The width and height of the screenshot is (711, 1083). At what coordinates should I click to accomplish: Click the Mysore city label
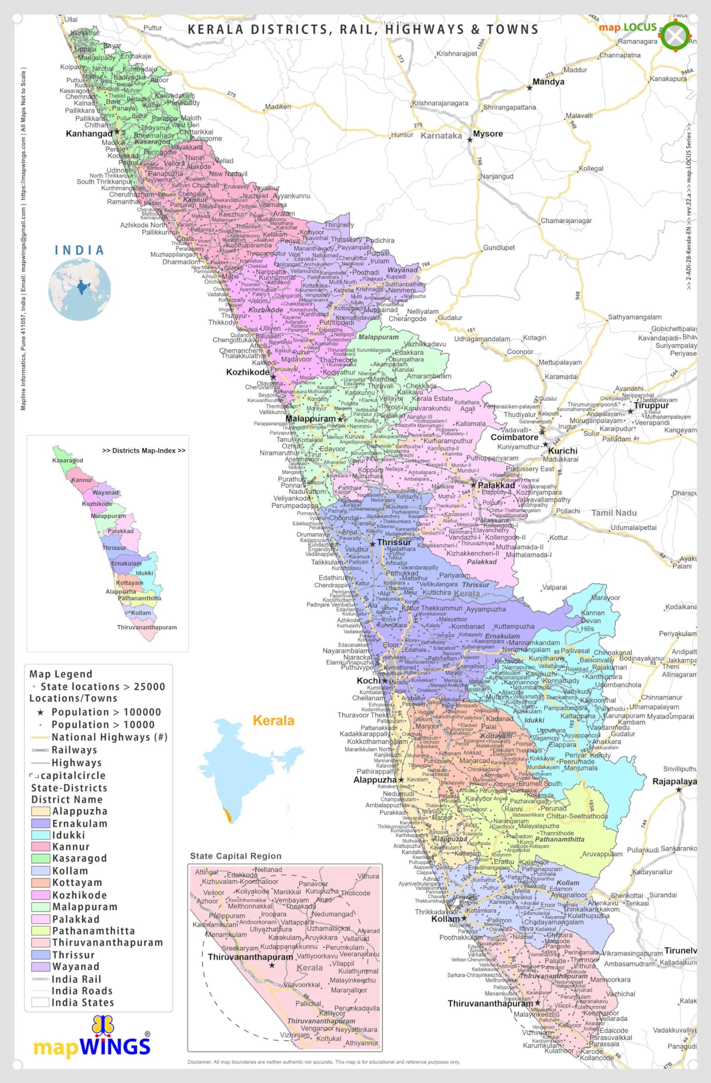pos(488,134)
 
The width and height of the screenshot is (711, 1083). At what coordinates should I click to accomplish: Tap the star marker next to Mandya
pos(529,88)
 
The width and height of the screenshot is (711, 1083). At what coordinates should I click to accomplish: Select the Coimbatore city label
pos(514,437)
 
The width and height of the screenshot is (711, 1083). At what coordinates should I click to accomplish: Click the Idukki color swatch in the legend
pos(41,835)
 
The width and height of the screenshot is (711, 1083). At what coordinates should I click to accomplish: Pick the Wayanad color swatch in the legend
pos(41,967)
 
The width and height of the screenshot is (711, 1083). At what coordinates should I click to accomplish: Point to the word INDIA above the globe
pos(79,250)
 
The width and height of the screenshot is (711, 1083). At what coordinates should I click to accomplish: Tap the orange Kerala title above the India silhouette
pos(273,721)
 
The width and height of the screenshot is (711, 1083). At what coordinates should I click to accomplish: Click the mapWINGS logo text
pos(92,1047)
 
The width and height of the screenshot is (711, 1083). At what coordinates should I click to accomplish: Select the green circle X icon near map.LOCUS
pos(675,36)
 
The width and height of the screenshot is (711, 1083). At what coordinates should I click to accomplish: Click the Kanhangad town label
pos(89,134)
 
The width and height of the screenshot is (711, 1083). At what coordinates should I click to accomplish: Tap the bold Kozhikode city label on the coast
pos(248,372)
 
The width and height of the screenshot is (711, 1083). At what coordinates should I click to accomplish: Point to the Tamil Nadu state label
pos(614,513)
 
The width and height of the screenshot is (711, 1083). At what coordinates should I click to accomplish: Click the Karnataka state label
pos(441,136)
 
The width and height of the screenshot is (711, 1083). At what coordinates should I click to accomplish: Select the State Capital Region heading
pos(235,856)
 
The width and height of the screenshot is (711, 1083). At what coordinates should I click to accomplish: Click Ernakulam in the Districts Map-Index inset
pos(126,563)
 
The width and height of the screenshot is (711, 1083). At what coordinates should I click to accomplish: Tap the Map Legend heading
pos(61,674)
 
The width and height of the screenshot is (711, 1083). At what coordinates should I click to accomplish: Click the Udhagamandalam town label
pos(482,339)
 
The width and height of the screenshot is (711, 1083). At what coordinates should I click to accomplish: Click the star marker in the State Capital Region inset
pos(272,965)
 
